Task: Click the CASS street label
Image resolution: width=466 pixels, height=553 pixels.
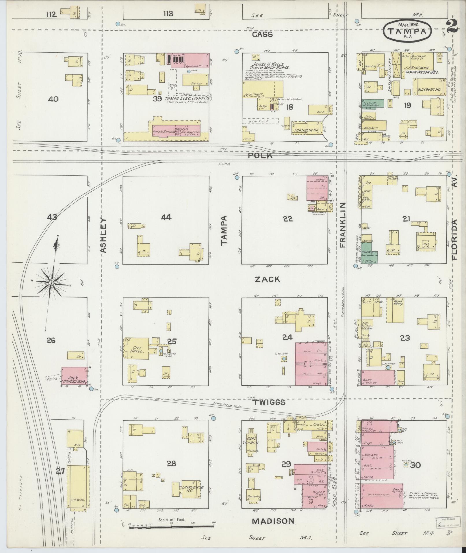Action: click(x=262, y=35)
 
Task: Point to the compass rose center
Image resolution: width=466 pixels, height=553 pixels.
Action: click(x=51, y=283)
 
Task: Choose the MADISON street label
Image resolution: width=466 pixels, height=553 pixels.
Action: click(x=273, y=521)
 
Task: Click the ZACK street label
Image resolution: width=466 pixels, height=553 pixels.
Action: click(x=267, y=279)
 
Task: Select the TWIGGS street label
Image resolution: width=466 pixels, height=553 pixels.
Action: click(x=269, y=402)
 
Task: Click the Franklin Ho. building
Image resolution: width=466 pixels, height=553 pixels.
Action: click(x=307, y=130)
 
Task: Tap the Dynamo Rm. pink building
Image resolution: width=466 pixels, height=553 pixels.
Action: click(x=189, y=60)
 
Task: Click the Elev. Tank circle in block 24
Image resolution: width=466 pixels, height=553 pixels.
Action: click(x=284, y=359)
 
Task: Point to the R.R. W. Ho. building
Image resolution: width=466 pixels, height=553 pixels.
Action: click(x=77, y=492)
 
